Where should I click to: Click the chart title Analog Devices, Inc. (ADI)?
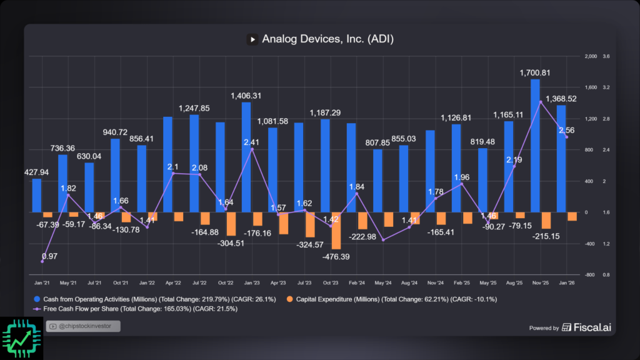click(327, 39)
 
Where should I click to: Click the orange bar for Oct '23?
click(336, 231)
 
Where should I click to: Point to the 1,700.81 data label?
click(535, 73)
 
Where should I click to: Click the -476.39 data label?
click(336, 256)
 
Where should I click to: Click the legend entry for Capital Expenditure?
click(390, 299)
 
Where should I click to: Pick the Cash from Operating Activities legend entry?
click(156, 299)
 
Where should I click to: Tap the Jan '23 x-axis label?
click(246, 283)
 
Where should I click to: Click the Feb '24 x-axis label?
click(351, 283)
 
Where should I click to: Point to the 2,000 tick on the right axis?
click(591, 56)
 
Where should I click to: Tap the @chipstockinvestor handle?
click(83, 326)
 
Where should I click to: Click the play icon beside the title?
click(252, 39)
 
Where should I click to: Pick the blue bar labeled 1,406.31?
click(246, 157)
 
